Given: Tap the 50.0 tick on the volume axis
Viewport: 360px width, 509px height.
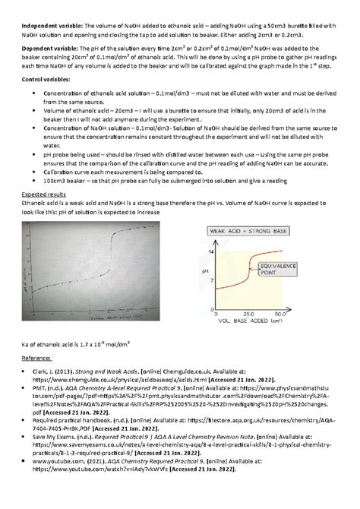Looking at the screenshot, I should coord(280,313).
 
